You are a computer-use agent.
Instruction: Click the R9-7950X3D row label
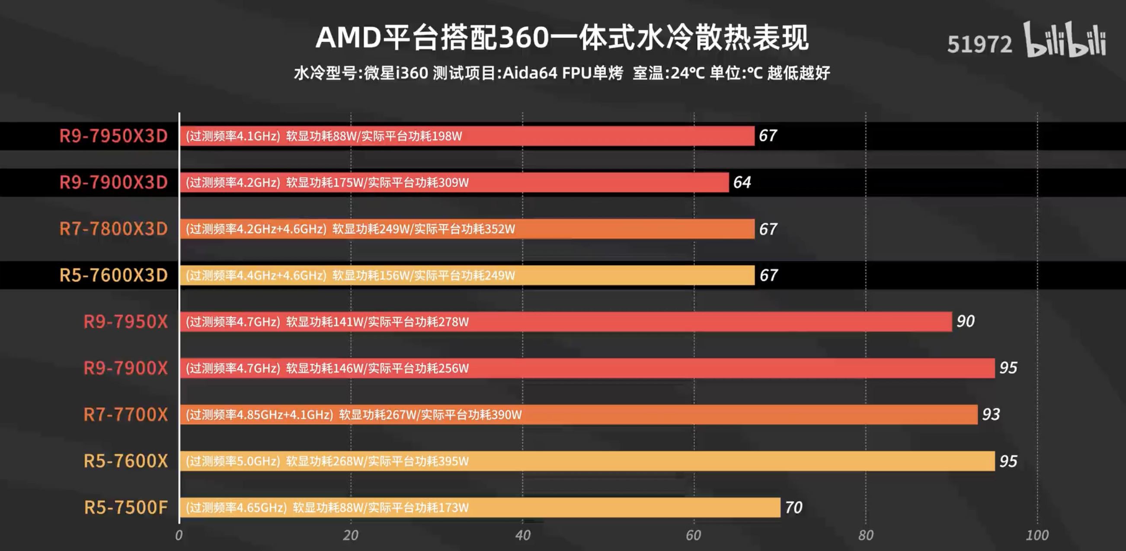tap(113, 136)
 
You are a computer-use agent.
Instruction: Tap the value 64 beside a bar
tap(742, 183)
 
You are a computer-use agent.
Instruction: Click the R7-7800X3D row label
tap(113, 229)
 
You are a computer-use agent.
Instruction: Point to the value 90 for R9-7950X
tap(965, 321)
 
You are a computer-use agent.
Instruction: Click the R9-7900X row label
tap(125, 368)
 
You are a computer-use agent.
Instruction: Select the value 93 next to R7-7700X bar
tap(991, 415)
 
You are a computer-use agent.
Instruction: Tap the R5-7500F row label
tap(125, 507)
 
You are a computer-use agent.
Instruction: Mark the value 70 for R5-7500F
tap(793, 507)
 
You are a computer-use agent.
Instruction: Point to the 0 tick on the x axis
tap(179, 535)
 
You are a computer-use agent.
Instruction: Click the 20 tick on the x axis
tap(351, 535)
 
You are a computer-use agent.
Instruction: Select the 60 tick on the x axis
tap(694, 535)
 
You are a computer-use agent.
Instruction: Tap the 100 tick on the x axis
tap(1037, 535)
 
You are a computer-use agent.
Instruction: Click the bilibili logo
tap(1065, 40)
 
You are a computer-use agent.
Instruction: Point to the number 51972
tap(979, 44)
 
